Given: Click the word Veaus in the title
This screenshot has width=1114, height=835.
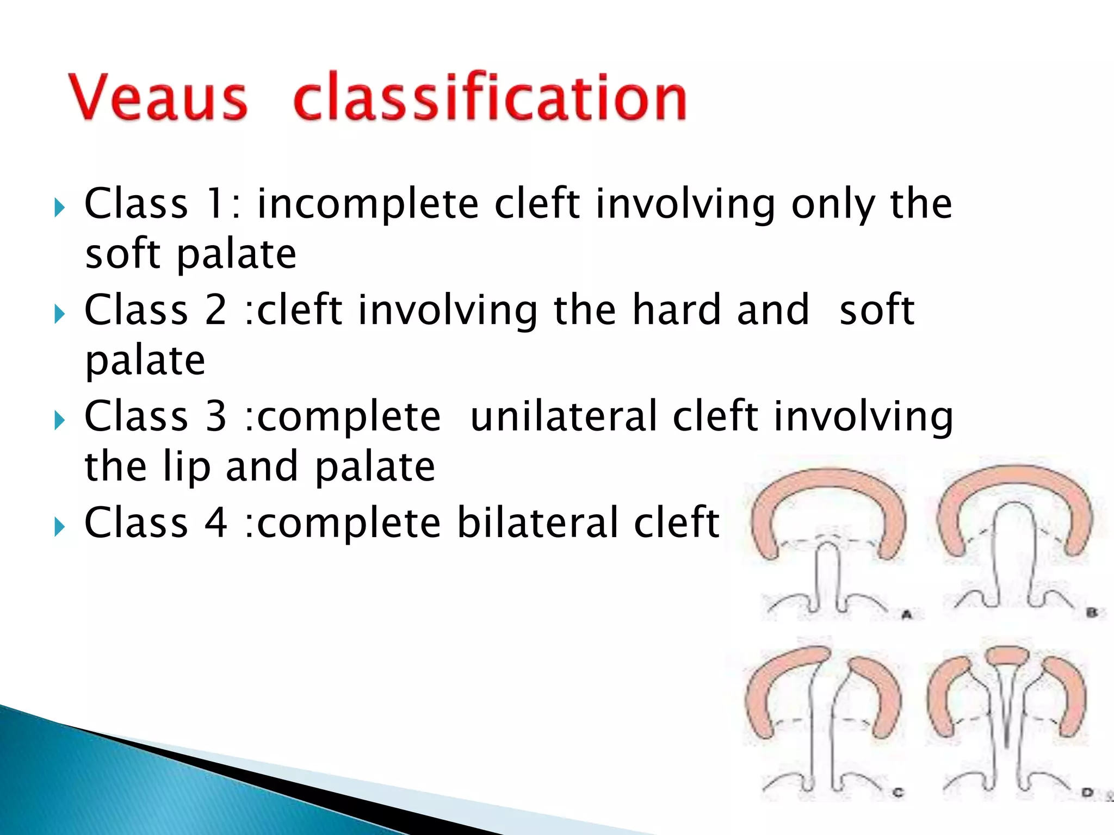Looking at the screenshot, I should pos(158,98).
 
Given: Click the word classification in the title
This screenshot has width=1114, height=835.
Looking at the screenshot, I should pos(490,98).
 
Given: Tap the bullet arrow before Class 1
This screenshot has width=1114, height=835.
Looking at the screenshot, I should pos(59,207).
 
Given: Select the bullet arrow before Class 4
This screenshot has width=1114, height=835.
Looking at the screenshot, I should pos(59,526).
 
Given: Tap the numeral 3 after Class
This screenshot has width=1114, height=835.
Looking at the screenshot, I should pos(216,416).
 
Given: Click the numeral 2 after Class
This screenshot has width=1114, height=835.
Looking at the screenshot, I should pos(216,310).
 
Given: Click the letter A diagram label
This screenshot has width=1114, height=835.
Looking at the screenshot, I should pos(906,615).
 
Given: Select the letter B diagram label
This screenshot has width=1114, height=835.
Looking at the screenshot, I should pos(1091,613).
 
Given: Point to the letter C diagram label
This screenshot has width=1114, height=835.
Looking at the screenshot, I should pos(898,793).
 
